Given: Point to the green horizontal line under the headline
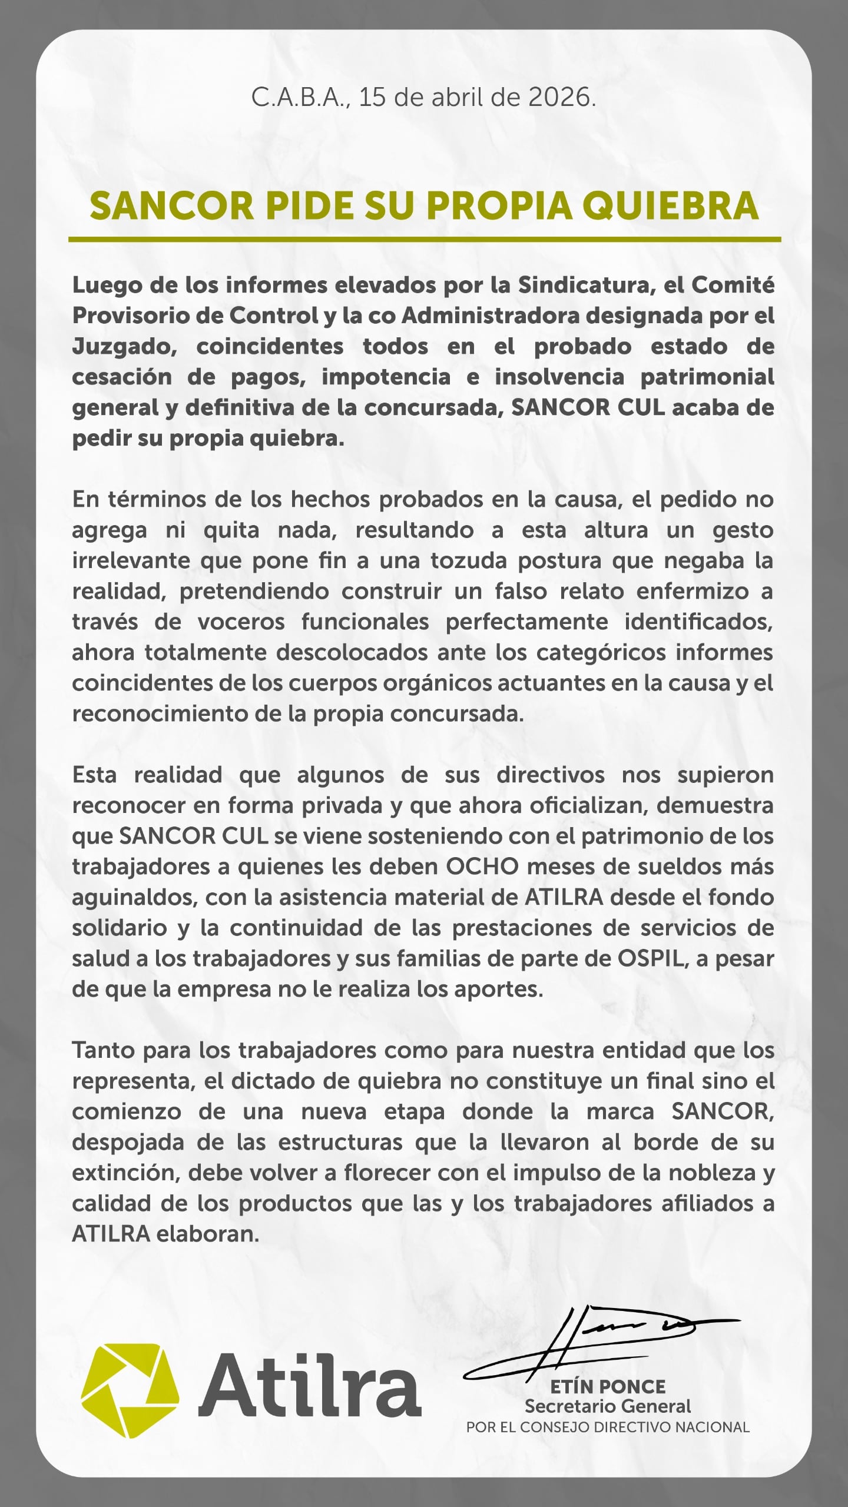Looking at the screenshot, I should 424,240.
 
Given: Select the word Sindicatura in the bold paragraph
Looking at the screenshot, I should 591,285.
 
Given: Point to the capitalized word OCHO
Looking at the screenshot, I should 482,867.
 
